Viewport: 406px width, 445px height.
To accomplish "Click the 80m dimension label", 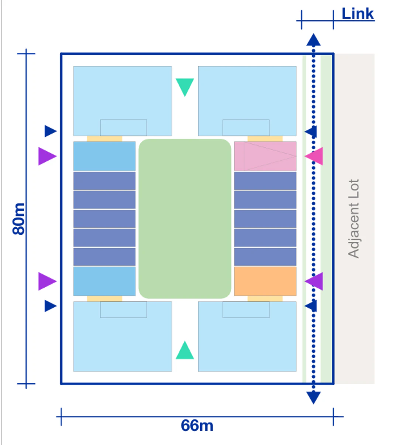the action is coord(18,219).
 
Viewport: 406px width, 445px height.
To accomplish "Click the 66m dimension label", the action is coord(197,426).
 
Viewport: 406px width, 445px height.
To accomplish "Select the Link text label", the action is coord(358,14).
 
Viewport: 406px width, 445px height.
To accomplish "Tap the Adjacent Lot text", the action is coord(354,219).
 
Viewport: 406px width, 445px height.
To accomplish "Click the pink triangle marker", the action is coord(314,156).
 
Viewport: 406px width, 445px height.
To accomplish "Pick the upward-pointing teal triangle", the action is coord(185,350).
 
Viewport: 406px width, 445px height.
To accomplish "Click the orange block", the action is coord(265,281).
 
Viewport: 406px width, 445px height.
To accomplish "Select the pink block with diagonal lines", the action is coord(265,156).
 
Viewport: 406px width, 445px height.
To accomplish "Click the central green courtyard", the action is coord(185,219).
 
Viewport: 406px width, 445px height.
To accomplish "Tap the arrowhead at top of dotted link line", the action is coord(313,40).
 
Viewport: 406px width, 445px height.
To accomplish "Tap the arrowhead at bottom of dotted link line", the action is coord(313,398).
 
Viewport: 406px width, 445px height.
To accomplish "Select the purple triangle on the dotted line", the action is coord(314,281).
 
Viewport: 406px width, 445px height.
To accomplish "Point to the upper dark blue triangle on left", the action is coord(51,131).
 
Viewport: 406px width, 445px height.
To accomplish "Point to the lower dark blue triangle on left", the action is coord(51,306).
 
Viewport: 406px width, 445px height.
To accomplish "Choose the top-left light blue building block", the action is coord(123,101).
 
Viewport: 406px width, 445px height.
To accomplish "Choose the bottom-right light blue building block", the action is coord(247,336).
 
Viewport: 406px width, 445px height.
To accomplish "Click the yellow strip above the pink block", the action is coord(265,138).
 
